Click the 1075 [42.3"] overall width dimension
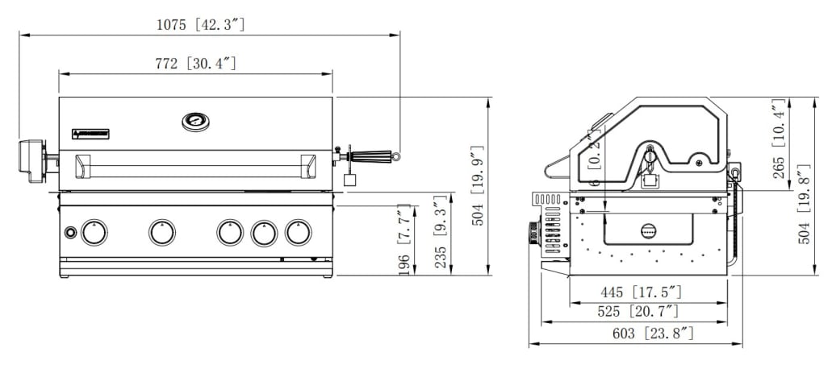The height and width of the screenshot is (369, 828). tap(200, 25)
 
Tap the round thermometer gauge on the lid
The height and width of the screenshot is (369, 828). tap(194, 122)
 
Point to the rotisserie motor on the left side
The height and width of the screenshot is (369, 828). tap(32, 160)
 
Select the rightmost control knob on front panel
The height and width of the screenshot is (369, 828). tap(298, 233)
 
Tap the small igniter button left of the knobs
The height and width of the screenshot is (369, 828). tap(70, 233)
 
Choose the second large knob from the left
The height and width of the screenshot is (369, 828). tap(162, 233)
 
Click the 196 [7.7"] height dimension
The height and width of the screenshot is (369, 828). tap(405, 239)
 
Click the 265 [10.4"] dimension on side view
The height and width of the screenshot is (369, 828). tap(778, 142)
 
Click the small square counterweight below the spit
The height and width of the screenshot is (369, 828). tap(349, 180)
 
